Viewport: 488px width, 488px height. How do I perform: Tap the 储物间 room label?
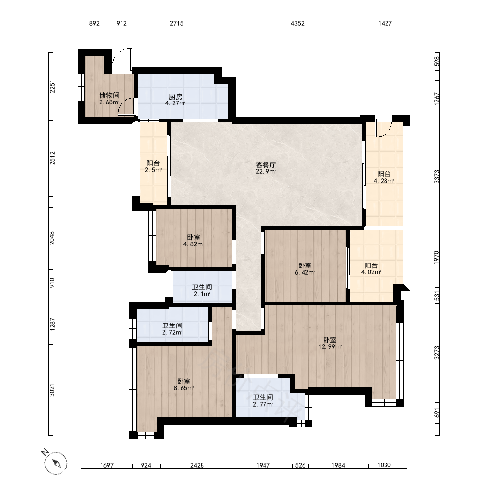coord(109,95)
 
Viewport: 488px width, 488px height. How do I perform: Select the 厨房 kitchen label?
coord(176,97)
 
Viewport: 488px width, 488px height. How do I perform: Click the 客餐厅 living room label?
coord(266,164)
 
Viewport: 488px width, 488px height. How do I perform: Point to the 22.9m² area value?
coord(266,171)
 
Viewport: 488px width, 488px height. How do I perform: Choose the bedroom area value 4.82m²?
coord(194,244)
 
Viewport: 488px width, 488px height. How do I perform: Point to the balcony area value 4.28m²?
coord(384,181)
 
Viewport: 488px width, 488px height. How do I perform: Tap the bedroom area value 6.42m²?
coord(305,273)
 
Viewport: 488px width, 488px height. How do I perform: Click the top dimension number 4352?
coord(298,23)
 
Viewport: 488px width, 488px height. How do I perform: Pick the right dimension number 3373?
coord(437,177)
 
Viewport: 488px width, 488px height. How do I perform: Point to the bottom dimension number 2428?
coord(197,465)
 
